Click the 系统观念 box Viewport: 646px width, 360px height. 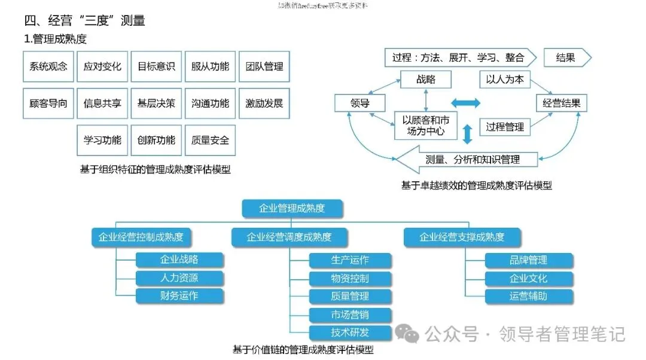point(48,66)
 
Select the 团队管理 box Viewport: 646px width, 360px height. point(264,66)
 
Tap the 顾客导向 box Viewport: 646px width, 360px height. point(48,103)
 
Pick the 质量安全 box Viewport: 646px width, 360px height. point(210,141)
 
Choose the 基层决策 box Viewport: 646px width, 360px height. point(156,103)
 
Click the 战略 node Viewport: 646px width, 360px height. point(425,80)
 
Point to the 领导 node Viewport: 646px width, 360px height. point(359,103)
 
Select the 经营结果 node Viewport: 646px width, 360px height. point(561,103)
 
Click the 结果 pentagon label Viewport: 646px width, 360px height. point(566,58)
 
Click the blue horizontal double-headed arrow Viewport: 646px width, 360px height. point(465,103)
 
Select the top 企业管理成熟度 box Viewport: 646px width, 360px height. point(292,208)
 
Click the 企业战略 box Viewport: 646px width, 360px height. point(179,260)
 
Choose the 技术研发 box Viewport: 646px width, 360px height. point(350,332)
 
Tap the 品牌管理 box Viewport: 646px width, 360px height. point(528,260)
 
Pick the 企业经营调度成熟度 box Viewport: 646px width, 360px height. point(289,237)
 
